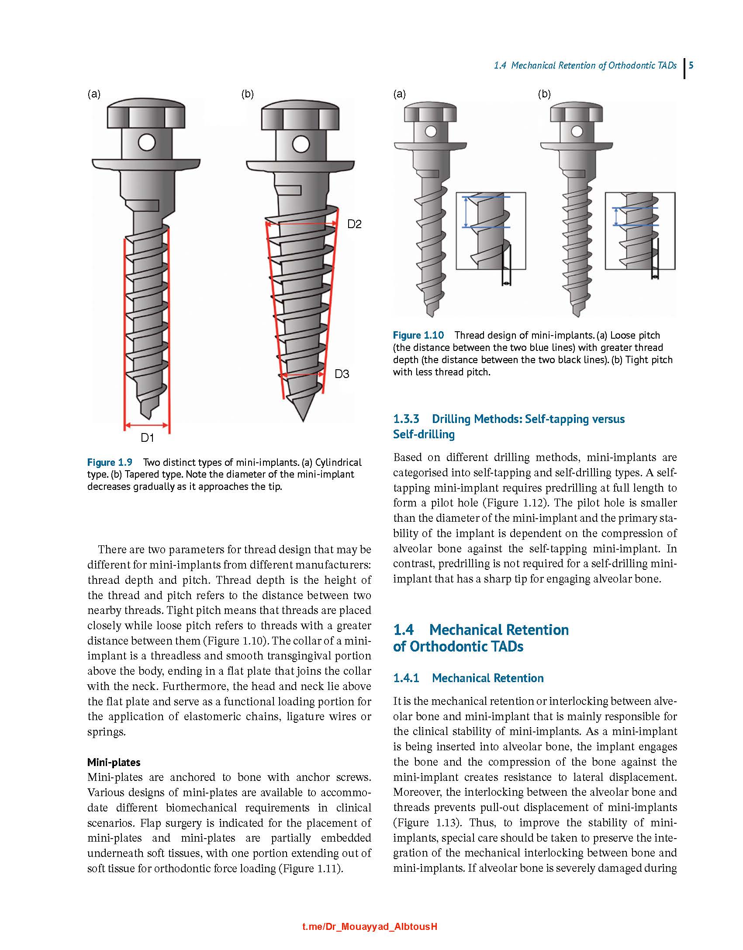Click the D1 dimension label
[x=147, y=437]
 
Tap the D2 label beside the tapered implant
[x=354, y=224]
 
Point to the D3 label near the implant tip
[x=342, y=374]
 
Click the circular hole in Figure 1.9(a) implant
[x=146, y=142]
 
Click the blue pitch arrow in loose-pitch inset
[x=467, y=212]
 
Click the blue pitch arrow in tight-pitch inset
[x=616, y=216]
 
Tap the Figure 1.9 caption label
[x=109, y=462]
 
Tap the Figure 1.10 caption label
[x=418, y=335]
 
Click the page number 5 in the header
[x=691, y=66]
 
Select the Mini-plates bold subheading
[x=114, y=762]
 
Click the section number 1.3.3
[x=406, y=419]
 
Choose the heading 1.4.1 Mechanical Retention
[x=468, y=678]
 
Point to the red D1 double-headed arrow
[x=146, y=425]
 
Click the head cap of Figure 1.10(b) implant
[x=577, y=112]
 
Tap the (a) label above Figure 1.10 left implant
[x=399, y=94]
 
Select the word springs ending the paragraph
[x=106, y=732]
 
